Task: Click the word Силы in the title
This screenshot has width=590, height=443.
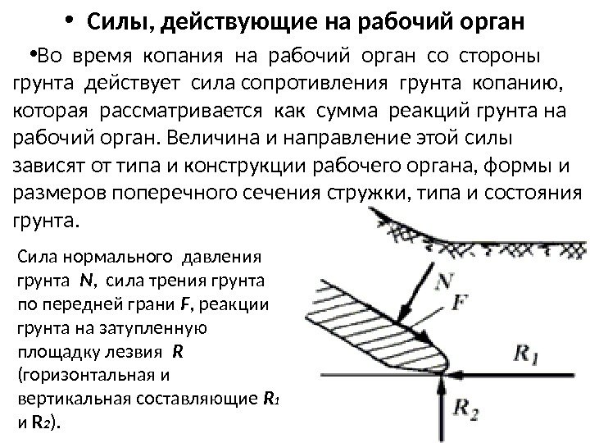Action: click(116, 20)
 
